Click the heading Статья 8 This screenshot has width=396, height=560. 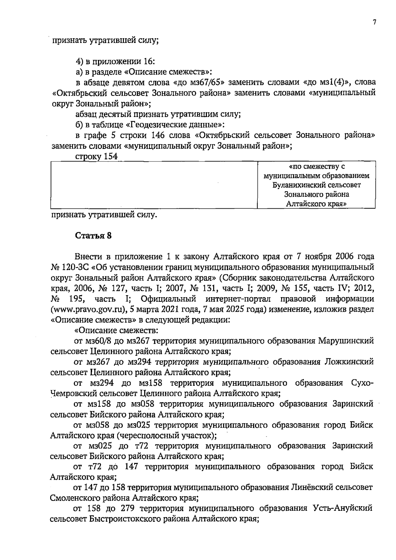click(x=93, y=236)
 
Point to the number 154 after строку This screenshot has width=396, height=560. click(x=111, y=157)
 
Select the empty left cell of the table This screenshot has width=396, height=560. click(x=154, y=185)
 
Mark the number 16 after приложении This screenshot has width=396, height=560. click(x=148, y=61)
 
